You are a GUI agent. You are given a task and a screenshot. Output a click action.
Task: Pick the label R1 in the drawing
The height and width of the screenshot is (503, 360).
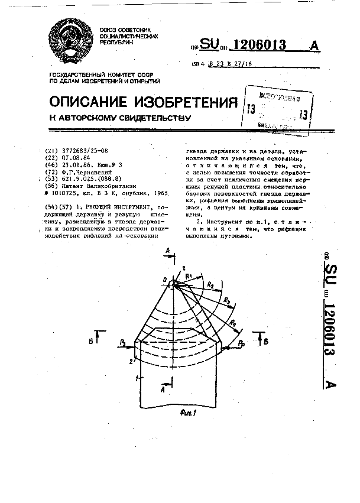189,275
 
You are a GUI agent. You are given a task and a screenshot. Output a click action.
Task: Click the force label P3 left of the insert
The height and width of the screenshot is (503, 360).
122,341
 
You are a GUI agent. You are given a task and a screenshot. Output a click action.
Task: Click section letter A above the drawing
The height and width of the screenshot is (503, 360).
168,252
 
